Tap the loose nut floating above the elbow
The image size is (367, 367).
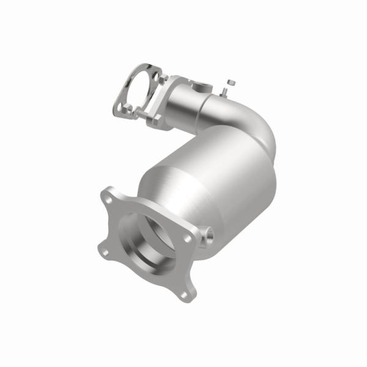pyautogui.click(x=229, y=81)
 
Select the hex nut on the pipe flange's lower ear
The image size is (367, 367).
pyautogui.click(x=154, y=120)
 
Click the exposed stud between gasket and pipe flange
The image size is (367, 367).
pyautogui.click(x=139, y=114)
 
